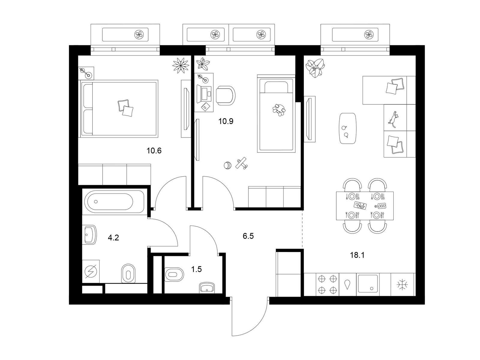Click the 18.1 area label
tap(357, 255)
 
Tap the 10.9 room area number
tap(226, 121)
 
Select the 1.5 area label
tap(196, 269)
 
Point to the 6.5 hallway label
tap(248, 236)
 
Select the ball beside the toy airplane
tap(227, 165)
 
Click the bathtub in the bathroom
tap(113, 202)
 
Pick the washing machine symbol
tap(91, 271)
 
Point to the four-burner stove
tap(327, 284)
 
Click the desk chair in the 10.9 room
tap(226, 95)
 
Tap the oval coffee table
tap(348, 128)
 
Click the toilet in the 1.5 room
tap(174, 274)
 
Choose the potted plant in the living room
tap(315, 68)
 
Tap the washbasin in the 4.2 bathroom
tap(90, 235)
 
